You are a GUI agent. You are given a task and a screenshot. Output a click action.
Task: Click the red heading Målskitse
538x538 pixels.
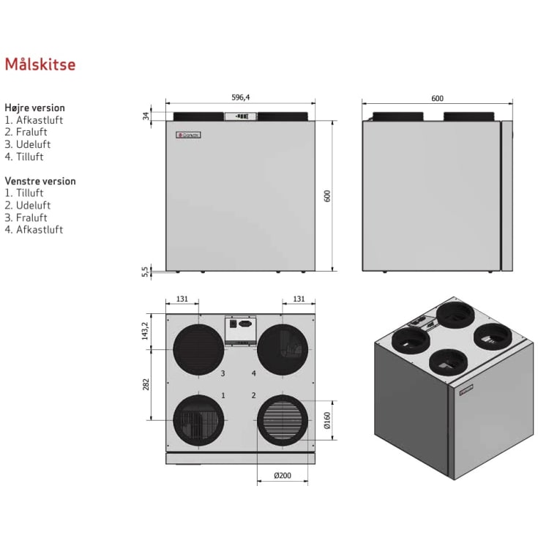pos(40,64)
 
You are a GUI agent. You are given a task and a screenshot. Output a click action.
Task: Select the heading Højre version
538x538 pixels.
pos(34,108)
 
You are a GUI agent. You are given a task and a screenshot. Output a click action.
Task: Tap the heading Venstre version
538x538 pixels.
pos(40,181)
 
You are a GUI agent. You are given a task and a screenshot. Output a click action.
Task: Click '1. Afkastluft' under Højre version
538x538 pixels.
pos(34,120)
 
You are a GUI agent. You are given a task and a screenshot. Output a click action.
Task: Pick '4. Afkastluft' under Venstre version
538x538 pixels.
pos(34,230)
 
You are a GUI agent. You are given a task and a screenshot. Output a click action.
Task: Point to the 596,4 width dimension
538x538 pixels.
pos(241,97)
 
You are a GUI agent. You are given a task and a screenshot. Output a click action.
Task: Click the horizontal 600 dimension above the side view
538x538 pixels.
pos(437,98)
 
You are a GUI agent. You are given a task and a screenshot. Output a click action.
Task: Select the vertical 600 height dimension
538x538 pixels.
pos(328,195)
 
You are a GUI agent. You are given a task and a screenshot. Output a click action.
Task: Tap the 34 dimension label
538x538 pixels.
pos(146,116)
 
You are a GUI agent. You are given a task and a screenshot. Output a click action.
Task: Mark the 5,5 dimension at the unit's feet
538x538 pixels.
pos(146,272)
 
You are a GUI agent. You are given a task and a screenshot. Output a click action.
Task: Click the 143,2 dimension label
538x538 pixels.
pos(146,331)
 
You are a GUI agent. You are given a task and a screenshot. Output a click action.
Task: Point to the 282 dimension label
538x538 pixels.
pos(146,384)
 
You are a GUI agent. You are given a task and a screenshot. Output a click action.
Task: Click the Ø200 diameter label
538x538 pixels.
pos(283,476)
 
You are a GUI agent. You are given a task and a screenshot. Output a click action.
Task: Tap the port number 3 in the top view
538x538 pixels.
pos(223,373)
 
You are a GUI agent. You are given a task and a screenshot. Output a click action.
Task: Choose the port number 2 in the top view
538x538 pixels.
pos(253,395)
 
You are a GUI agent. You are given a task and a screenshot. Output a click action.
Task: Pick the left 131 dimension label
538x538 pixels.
pos(182,299)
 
